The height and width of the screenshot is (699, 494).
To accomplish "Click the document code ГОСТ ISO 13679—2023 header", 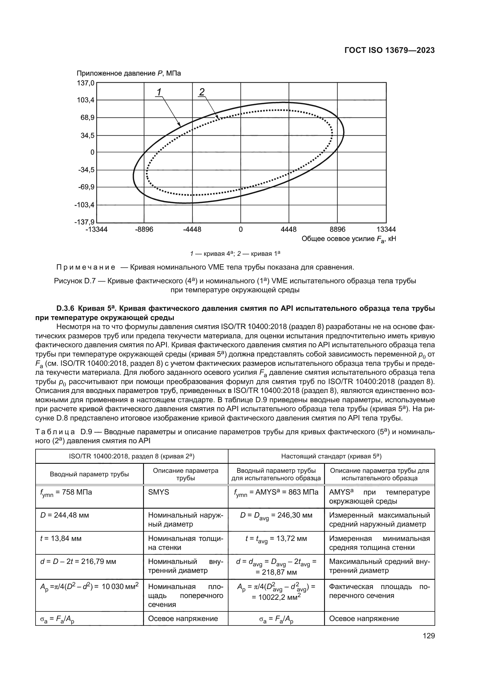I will click(x=389, y=50).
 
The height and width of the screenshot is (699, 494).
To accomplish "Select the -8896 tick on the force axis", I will click(x=144, y=230).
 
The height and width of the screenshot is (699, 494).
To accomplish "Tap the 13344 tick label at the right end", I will click(x=386, y=230).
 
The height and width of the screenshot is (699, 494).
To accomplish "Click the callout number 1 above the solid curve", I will click(x=159, y=91).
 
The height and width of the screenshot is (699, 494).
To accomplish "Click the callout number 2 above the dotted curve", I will click(x=202, y=91).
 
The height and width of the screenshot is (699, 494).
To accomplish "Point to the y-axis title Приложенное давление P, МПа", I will click(x=129, y=74).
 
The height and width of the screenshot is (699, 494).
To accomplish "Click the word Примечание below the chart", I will click(x=86, y=267).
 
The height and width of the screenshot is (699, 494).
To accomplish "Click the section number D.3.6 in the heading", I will click(x=65, y=308).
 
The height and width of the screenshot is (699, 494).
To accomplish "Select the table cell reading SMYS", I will click(x=159, y=492).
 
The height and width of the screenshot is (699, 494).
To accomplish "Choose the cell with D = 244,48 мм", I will click(x=65, y=516).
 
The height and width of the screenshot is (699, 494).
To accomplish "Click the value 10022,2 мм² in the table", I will click(x=276, y=597).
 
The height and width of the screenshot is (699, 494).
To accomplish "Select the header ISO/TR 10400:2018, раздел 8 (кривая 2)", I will click(x=132, y=456).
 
